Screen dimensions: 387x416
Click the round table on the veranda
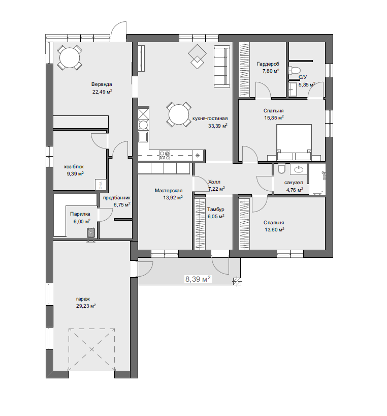70,58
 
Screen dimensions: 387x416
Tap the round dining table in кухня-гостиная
179,114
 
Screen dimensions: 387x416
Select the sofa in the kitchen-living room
222,66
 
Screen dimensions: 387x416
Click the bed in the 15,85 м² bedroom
294,142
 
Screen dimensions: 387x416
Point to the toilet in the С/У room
295,70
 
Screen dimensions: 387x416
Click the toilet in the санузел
281,169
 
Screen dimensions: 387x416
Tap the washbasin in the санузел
299,169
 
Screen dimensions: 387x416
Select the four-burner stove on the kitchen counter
165,155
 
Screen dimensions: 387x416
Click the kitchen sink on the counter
144,137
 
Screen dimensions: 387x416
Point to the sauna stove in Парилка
91,234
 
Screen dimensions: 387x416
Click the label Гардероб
268,64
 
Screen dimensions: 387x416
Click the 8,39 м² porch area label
198,279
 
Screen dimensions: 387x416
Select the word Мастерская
169,191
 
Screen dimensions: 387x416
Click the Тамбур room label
216,210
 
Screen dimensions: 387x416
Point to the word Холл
214,182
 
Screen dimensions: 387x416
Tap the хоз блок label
74,167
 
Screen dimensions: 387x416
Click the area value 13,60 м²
274,230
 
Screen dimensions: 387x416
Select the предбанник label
116,198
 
